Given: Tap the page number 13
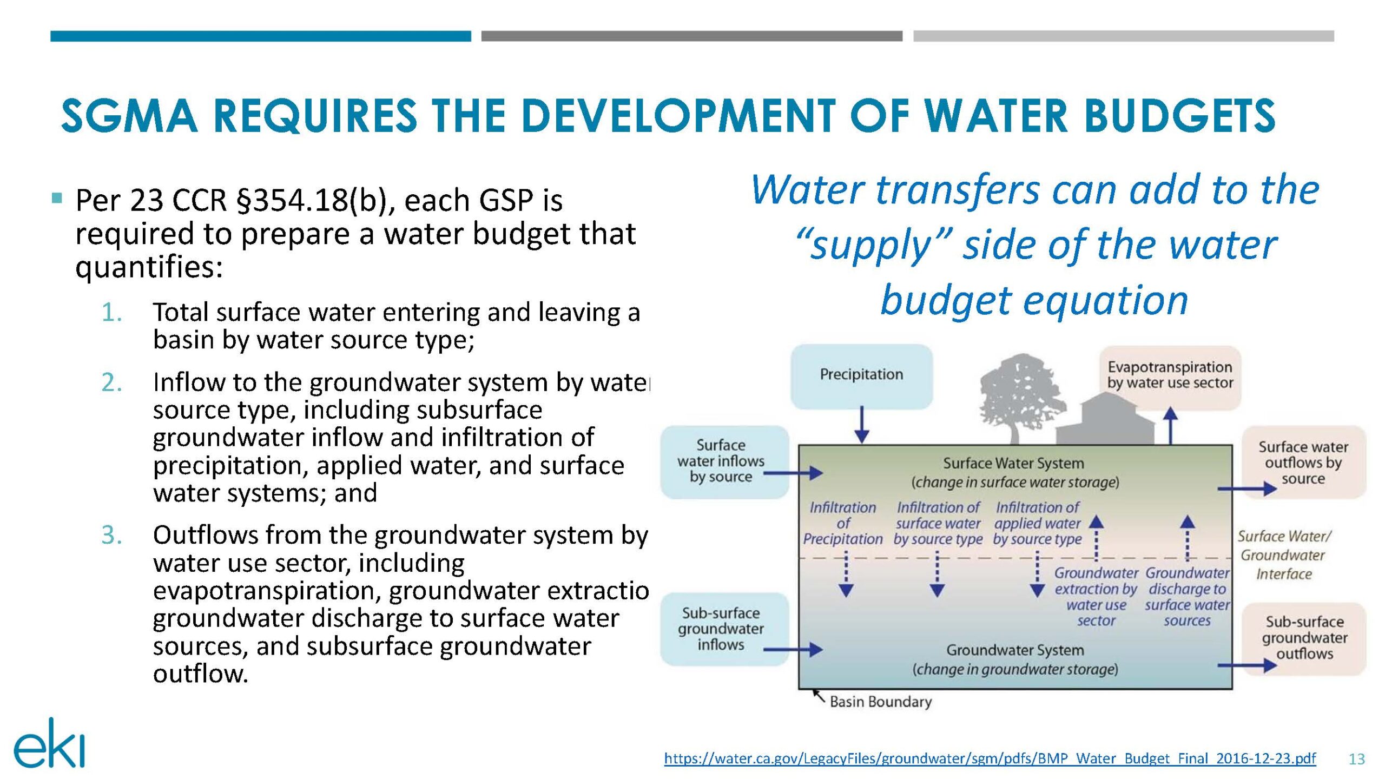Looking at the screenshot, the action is point(1356,760).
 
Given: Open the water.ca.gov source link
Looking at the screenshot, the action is point(990,758).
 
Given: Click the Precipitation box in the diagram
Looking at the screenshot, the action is point(861,376).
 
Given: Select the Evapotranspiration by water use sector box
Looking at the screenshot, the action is point(1170,377).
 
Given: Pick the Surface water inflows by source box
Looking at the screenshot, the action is point(724,461).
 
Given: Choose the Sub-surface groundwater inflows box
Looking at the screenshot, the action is point(724,629).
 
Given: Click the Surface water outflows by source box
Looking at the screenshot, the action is point(1303,462).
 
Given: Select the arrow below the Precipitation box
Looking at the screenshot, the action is point(862,425).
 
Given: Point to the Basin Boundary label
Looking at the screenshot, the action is point(880,702).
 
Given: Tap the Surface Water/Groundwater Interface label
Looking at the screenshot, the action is point(1284,555).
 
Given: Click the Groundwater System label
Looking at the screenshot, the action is point(1015,650).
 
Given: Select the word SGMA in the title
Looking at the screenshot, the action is point(129,116).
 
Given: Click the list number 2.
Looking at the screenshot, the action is point(111,383).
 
